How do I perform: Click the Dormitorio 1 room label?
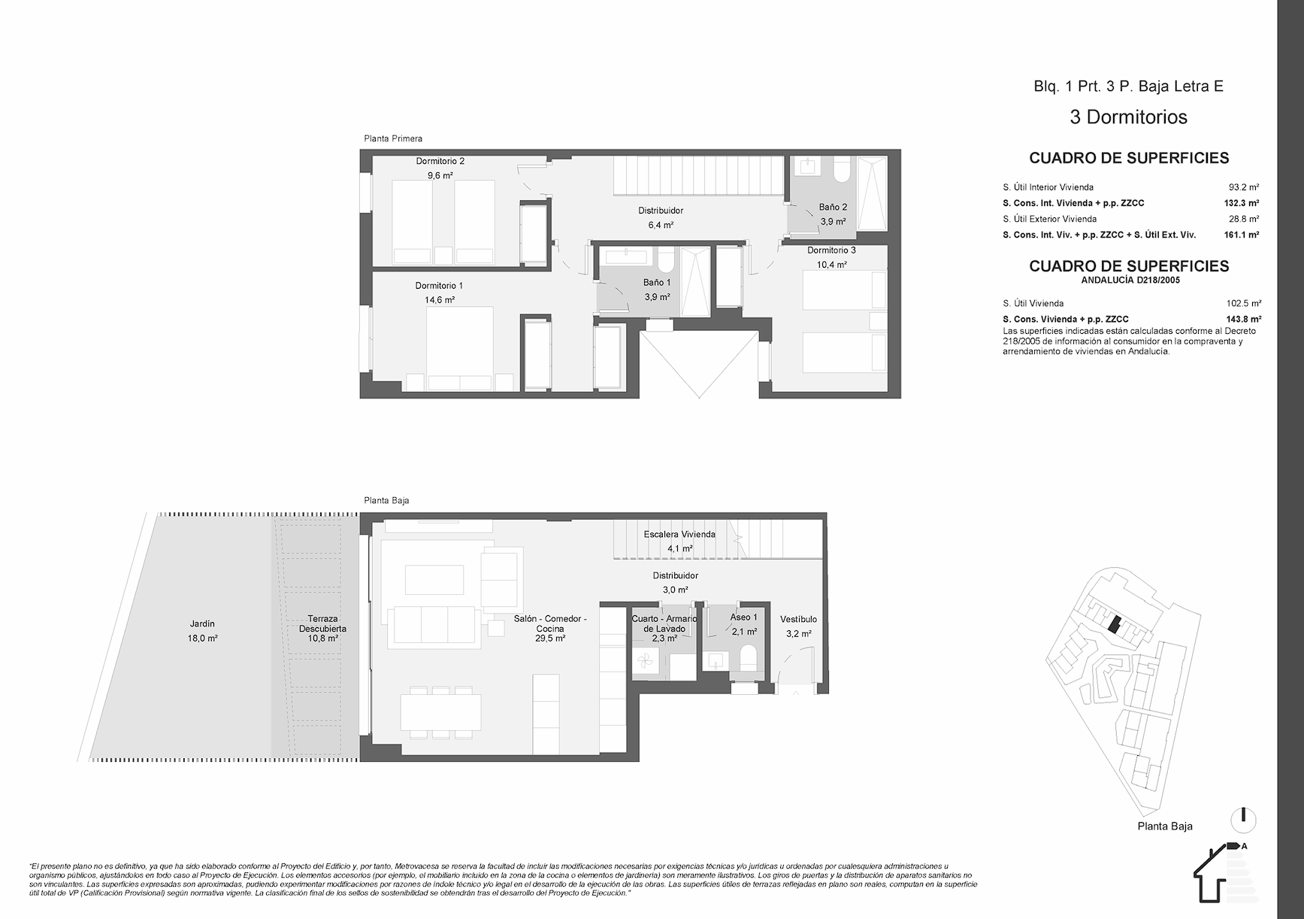pyautogui.click(x=439, y=286)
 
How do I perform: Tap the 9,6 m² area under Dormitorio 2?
pyautogui.click(x=440, y=175)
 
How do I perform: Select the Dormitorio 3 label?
pyautogui.click(x=831, y=250)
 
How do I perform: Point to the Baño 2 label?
pyautogui.click(x=833, y=207)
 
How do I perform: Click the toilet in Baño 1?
pyautogui.click(x=665, y=260)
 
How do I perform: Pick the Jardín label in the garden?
pyautogui.click(x=202, y=623)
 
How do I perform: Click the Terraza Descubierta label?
pyautogui.click(x=322, y=623)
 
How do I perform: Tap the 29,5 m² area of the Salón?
pyautogui.click(x=550, y=638)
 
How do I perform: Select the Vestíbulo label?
pyautogui.click(x=798, y=620)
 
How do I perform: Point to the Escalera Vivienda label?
pyautogui.click(x=679, y=534)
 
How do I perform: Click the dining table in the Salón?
pyautogui.click(x=441, y=711)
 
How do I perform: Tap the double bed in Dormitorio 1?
pyautogui.click(x=460, y=348)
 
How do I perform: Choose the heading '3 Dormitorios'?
pyautogui.click(x=1128, y=117)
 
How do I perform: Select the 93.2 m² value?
pyautogui.click(x=1244, y=187)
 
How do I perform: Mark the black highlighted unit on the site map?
pyautogui.click(x=1115, y=625)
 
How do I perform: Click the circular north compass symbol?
pyautogui.click(x=1244, y=819)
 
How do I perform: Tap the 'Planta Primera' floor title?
pyautogui.click(x=393, y=138)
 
